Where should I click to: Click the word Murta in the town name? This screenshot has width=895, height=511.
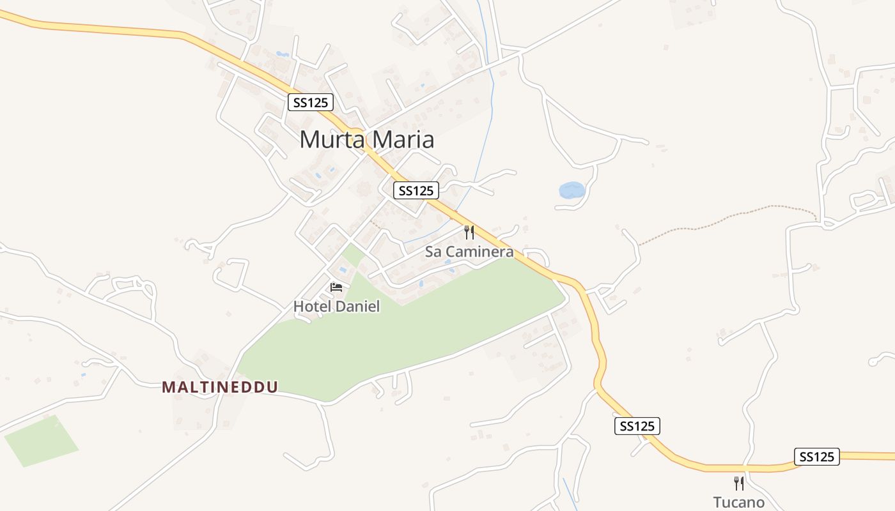click(x=331, y=139)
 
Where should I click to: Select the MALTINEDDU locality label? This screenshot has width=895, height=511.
click(x=220, y=387)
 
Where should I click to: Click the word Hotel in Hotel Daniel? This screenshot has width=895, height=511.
click(x=312, y=307)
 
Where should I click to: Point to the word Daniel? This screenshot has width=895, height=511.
click(x=357, y=307)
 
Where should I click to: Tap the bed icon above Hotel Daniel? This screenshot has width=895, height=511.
click(x=336, y=287)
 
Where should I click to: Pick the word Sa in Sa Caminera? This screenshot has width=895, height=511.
click(x=433, y=252)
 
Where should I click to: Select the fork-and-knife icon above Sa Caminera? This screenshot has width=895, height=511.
click(x=469, y=232)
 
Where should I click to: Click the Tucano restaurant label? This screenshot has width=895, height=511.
click(x=738, y=502)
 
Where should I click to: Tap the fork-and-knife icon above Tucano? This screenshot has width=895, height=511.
click(x=738, y=483)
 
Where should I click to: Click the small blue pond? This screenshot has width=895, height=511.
click(x=572, y=190)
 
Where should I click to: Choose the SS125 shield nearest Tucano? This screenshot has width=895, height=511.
click(x=816, y=457)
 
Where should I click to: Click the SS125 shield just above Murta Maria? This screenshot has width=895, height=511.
click(x=310, y=102)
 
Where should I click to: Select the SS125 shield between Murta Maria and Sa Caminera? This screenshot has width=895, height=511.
click(x=416, y=190)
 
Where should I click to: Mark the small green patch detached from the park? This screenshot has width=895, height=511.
click(x=42, y=441)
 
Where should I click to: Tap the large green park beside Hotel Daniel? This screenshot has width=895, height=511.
click(x=409, y=332)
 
